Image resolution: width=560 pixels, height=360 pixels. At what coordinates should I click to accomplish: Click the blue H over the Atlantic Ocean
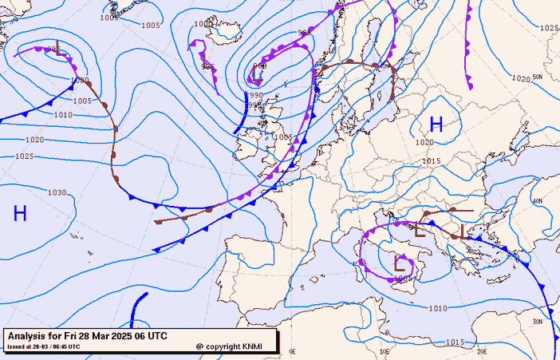[x=20, y=213]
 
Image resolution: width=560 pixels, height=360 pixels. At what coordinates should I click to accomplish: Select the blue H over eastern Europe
[x=436, y=124]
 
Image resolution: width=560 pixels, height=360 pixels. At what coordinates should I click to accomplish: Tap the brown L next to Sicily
[x=400, y=263]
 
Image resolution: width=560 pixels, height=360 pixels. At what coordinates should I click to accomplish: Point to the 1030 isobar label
[x=57, y=192]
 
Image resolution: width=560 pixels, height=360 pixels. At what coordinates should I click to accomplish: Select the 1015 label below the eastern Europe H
[x=432, y=160]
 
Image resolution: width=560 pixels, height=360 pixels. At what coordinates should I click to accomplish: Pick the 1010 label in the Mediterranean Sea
[x=438, y=308]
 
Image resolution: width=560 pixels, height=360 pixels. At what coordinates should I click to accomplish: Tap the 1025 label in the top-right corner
[x=549, y=28]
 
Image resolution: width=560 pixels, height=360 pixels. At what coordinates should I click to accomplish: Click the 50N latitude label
[x=538, y=77]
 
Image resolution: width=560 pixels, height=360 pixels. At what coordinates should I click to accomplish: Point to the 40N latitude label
[x=538, y=201]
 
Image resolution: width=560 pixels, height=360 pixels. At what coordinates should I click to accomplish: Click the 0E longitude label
[x=292, y=350]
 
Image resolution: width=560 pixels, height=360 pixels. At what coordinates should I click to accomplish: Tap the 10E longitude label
[x=385, y=350]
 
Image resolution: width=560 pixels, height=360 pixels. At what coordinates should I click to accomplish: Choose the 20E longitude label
[x=482, y=350]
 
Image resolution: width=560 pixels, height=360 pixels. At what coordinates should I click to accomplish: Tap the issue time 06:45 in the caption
[x=67, y=346]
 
